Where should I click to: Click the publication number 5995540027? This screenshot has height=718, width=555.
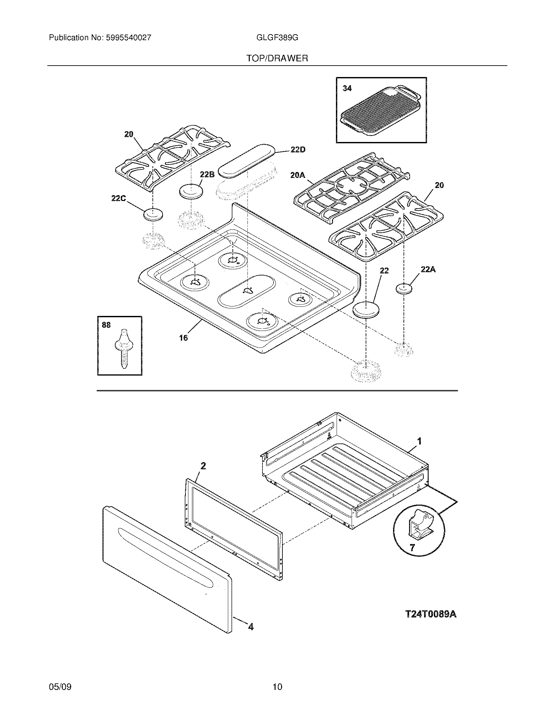tap(128, 38)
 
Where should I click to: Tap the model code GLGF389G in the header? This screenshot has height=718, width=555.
tap(277, 38)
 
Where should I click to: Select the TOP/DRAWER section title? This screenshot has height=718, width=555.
tap(277, 58)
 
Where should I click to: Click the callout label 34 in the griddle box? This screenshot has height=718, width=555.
tap(347, 88)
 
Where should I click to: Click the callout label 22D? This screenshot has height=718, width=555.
tap(297, 150)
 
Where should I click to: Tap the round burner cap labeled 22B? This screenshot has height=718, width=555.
tap(191, 191)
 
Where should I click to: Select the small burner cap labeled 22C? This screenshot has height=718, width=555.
tap(153, 215)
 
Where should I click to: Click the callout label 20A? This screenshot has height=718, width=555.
tap(297, 176)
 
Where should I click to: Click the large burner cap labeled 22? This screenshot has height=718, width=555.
tap(366, 310)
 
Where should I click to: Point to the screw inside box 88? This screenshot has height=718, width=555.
tap(123, 349)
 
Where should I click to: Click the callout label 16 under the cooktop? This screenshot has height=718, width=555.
tap(183, 338)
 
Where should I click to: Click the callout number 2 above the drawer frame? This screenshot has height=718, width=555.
tap(203, 465)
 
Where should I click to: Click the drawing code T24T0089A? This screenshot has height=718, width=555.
tap(431, 614)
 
